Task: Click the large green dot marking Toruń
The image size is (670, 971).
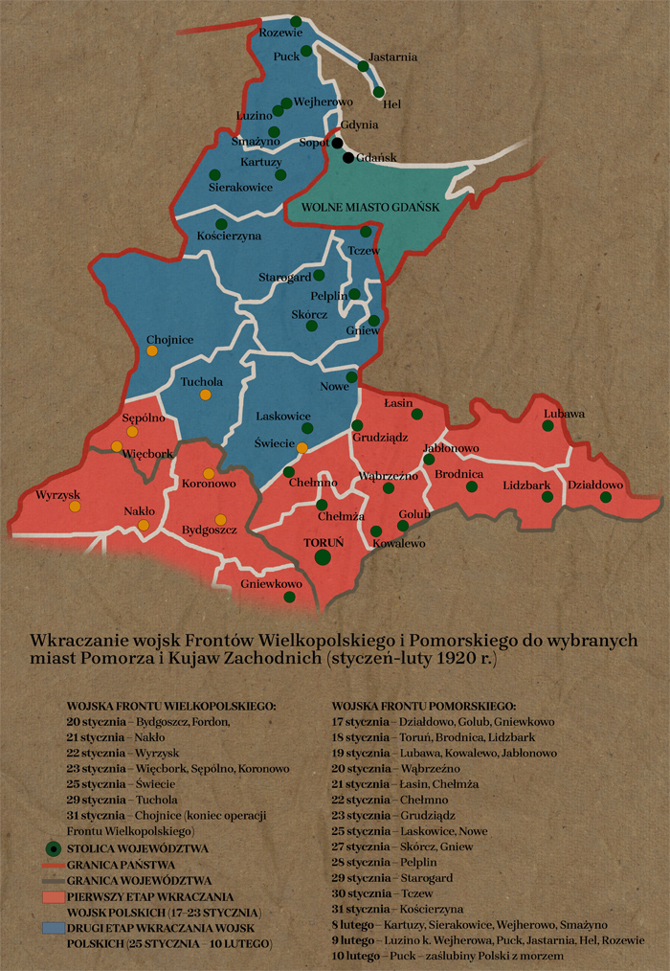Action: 323,557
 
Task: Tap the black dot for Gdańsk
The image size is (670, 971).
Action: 348,157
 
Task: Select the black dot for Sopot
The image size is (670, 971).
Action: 337,143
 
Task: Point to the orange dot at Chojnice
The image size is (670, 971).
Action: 152,351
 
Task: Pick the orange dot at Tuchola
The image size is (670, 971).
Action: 205,395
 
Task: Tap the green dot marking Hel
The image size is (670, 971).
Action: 379,93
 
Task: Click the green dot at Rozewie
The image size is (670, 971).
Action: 296,21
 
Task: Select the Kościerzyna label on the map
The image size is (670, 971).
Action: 229,236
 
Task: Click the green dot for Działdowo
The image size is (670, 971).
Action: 605,497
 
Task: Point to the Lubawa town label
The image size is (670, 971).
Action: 563,414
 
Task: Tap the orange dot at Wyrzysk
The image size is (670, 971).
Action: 75,507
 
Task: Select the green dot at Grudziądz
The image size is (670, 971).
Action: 357,425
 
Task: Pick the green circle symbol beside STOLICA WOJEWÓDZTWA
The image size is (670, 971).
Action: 55,848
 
